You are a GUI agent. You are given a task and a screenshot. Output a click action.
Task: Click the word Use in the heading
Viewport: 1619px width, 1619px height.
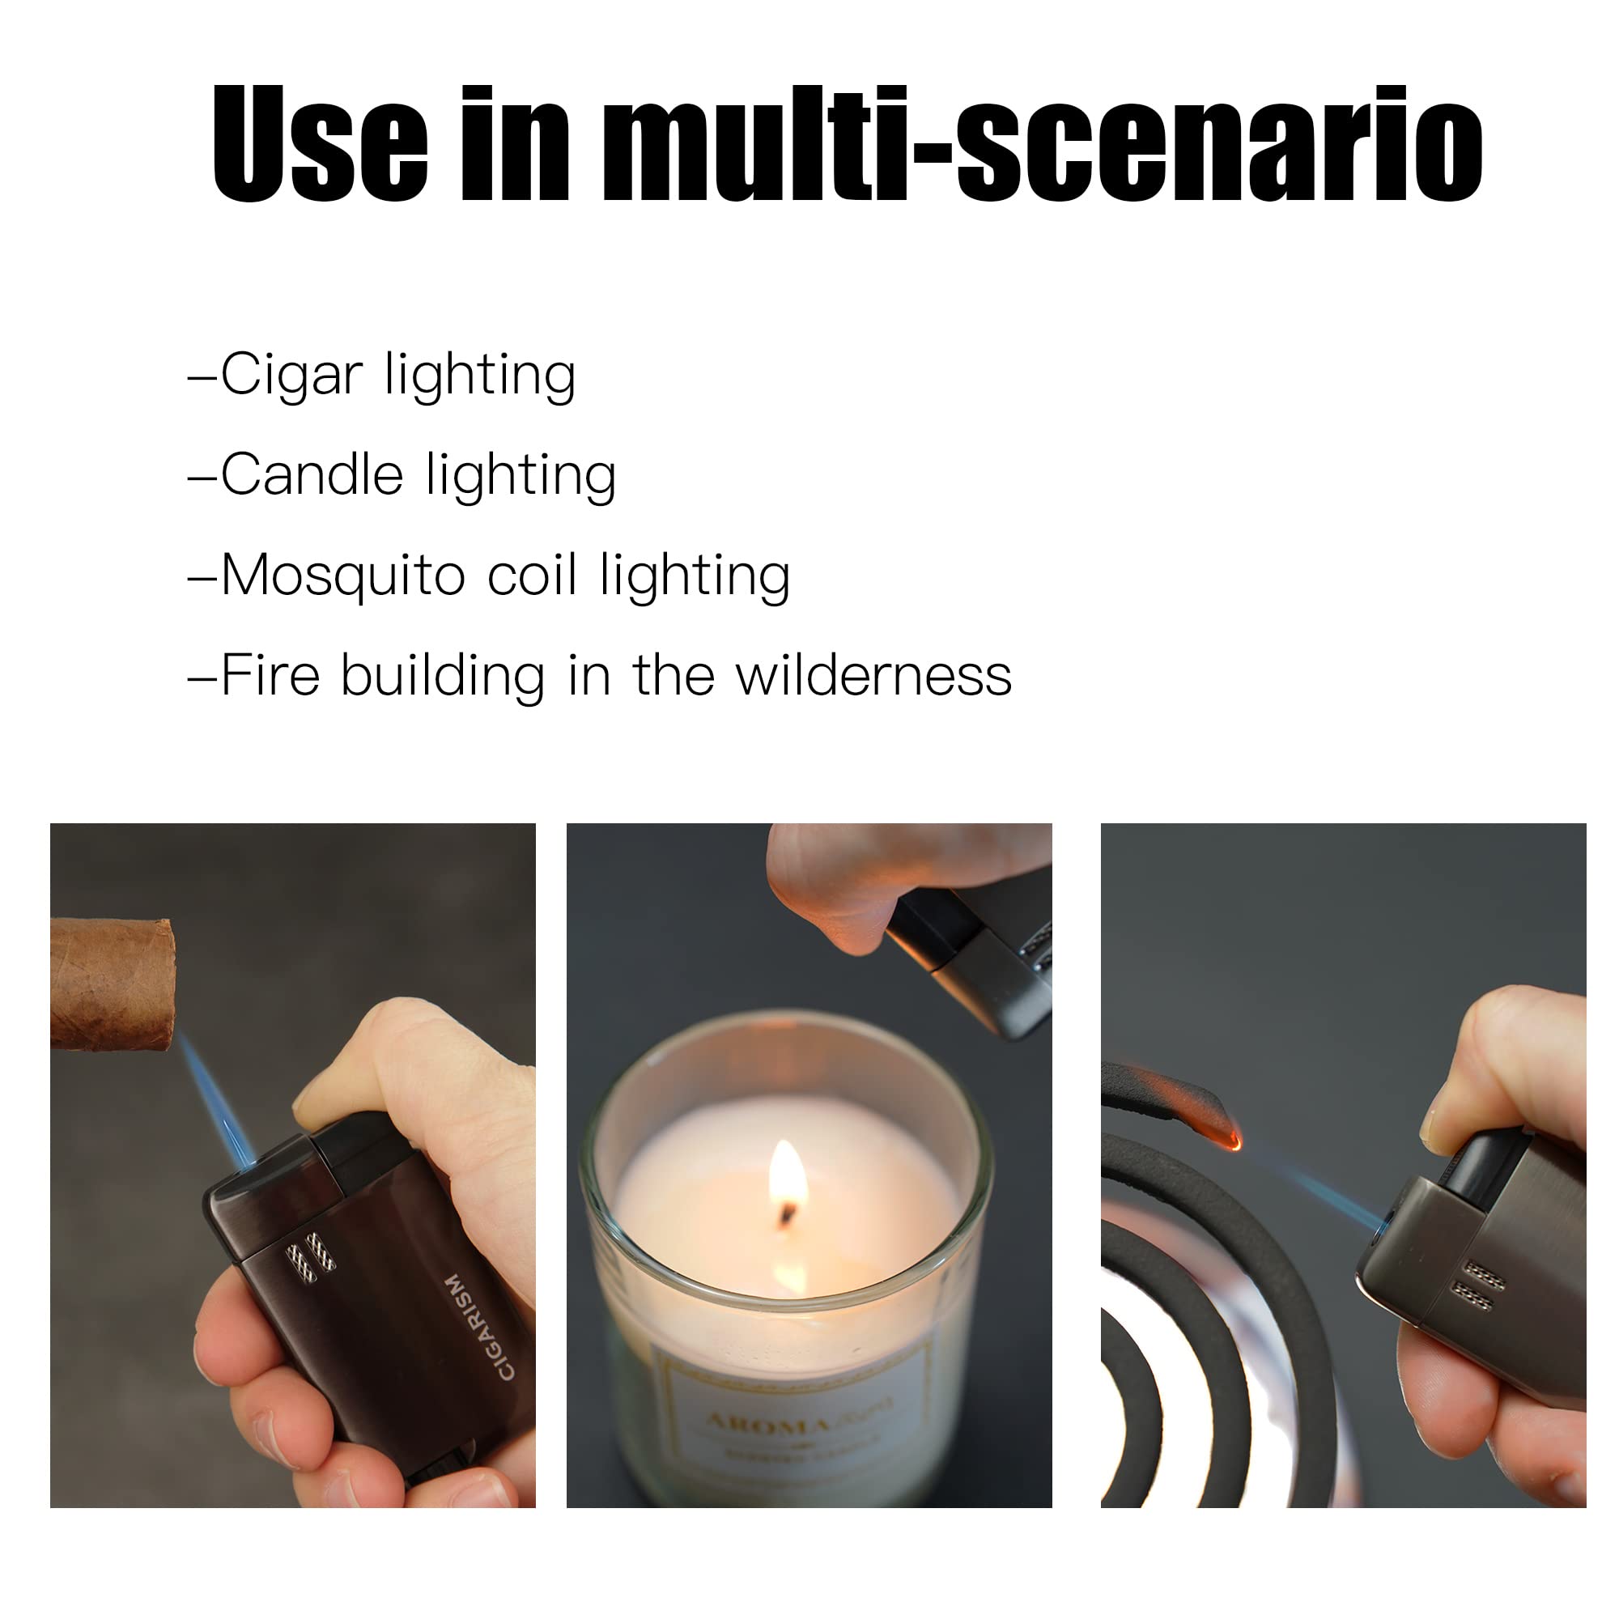[319, 144]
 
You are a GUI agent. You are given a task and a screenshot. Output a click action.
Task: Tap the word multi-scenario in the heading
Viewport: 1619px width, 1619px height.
[1043, 144]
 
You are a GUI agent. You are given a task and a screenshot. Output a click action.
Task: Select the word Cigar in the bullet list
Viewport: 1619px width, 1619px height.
[291, 375]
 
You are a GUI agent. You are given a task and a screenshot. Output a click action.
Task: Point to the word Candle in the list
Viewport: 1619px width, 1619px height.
[312, 475]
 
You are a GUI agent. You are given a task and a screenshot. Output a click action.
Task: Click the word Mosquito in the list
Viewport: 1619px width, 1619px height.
[342, 576]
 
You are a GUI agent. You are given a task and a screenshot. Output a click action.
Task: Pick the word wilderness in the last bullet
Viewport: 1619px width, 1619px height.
[873, 675]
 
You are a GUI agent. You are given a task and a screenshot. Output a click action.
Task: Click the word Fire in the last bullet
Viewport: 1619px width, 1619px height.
[270, 675]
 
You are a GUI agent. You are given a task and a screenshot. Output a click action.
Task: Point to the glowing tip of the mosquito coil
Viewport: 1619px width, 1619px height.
[1233, 1140]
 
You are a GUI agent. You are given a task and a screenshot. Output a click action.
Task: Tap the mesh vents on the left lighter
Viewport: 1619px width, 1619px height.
[310, 1257]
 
